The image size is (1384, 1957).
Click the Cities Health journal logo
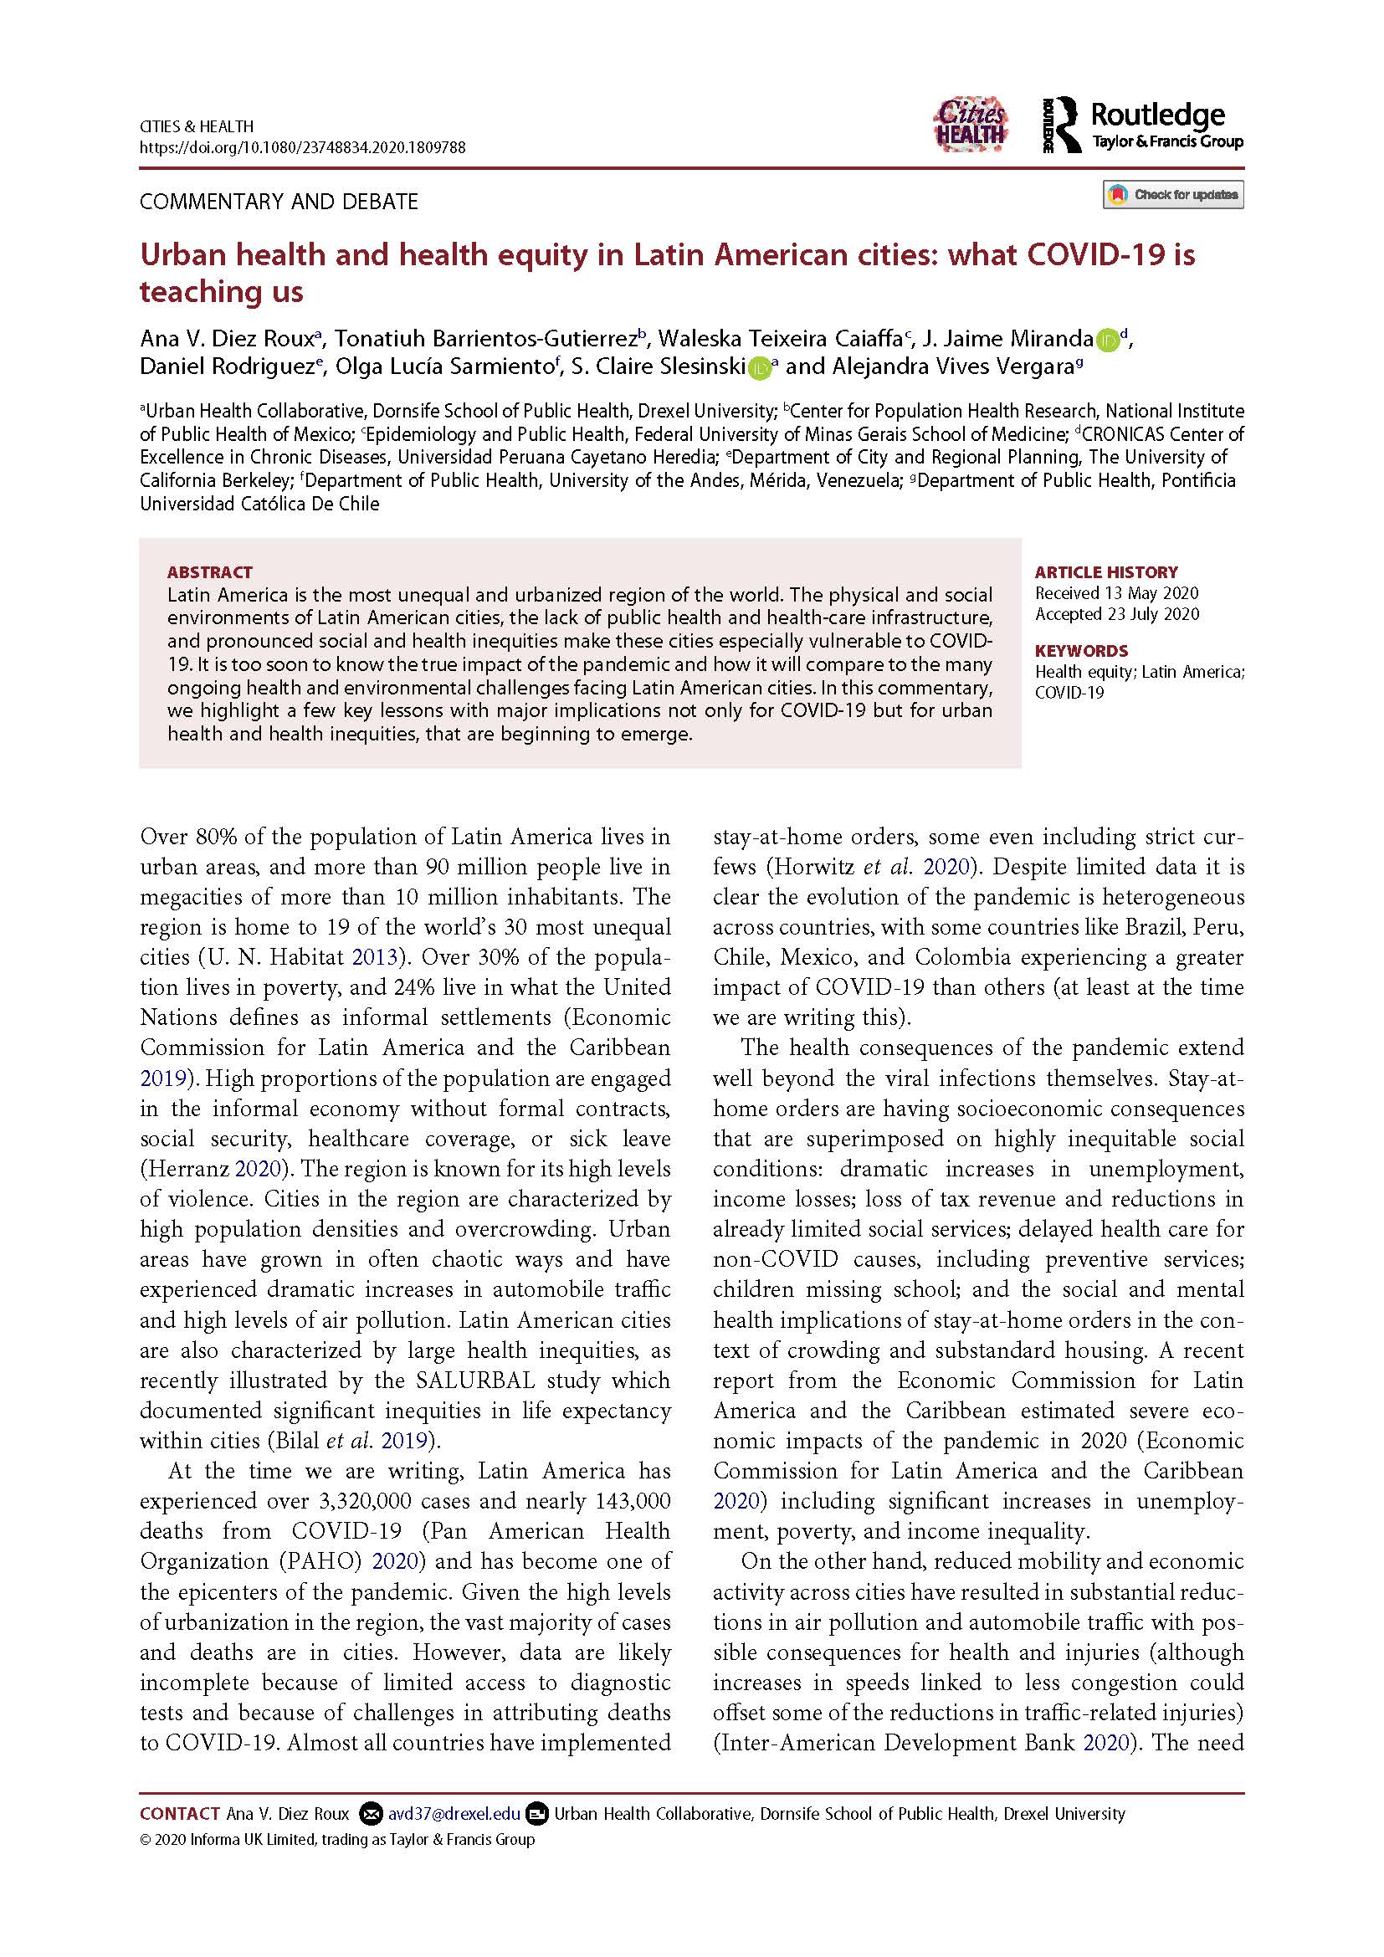coord(971,126)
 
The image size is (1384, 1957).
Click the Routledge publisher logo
coord(1142,126)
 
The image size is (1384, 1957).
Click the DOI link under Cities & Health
coord(303,147)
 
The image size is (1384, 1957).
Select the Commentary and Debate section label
coord(279,202)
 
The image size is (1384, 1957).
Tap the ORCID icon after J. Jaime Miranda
coord(1106,339)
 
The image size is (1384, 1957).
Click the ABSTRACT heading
coord(210,572)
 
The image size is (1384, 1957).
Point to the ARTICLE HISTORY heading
coord(1106,572)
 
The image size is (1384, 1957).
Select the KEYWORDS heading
coord(1080,650)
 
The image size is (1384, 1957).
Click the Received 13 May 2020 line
coord(1116,593)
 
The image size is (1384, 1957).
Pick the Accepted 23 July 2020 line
coord(1116,613)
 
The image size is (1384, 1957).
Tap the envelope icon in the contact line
coord(370,1814)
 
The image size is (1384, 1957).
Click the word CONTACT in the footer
coord(180,1814)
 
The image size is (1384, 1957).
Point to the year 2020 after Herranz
coord(262,1169)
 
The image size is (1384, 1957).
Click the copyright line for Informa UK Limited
coord(336,1839)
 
